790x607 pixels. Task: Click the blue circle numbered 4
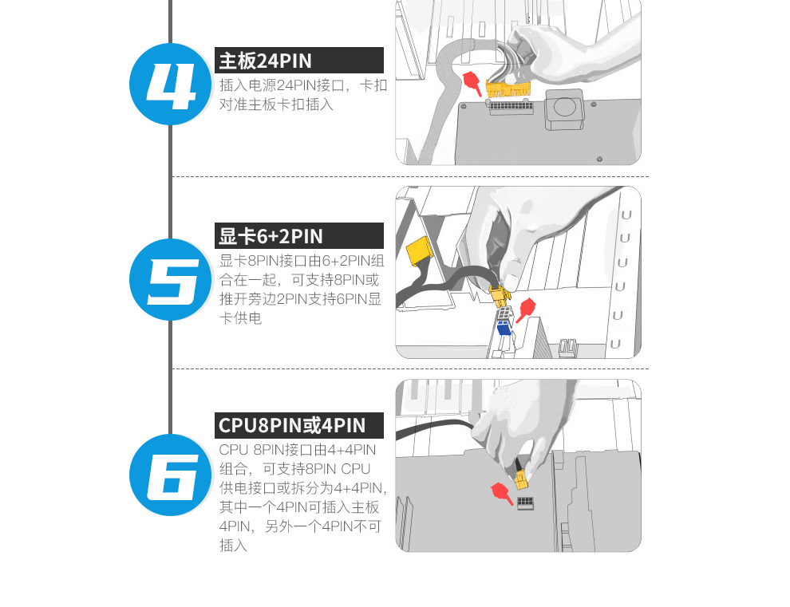170,84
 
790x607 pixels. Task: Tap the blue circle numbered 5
170,279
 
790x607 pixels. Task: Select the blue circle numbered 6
170,475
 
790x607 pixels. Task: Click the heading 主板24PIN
266,61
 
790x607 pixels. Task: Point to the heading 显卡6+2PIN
271,236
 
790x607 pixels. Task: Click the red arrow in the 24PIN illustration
472,83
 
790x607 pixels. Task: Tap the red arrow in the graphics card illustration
526,310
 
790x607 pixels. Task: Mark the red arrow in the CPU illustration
502,493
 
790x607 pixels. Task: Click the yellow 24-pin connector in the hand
508,89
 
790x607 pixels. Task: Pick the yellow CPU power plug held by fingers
521,479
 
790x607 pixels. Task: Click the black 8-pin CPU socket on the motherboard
525,503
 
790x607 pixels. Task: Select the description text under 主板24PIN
302,95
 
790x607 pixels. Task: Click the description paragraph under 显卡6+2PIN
302,290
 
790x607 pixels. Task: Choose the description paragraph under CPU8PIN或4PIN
302,497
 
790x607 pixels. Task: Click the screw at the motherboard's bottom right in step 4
599,160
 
